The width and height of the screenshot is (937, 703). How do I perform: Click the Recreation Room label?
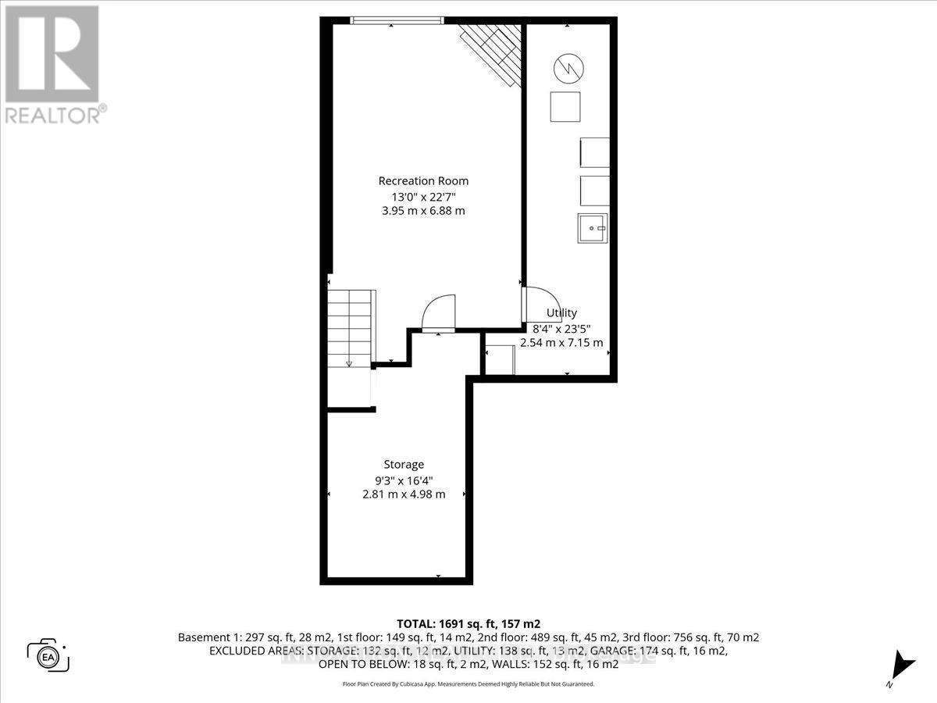(x=424, y=180)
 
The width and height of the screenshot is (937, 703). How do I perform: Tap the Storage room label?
(x=404, y=464)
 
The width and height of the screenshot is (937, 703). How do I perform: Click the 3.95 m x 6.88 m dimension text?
(x=424, y=210)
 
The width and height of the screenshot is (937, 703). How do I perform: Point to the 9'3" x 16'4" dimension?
(x=404, y=479)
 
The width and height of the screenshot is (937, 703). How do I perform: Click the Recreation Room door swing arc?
(x=438, y=312)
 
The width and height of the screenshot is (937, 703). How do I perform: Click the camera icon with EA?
(x=48, y=655)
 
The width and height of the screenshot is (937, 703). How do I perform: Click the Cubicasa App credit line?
(x=468, y=683)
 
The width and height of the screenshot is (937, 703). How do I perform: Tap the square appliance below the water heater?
(x=565, y=106)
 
